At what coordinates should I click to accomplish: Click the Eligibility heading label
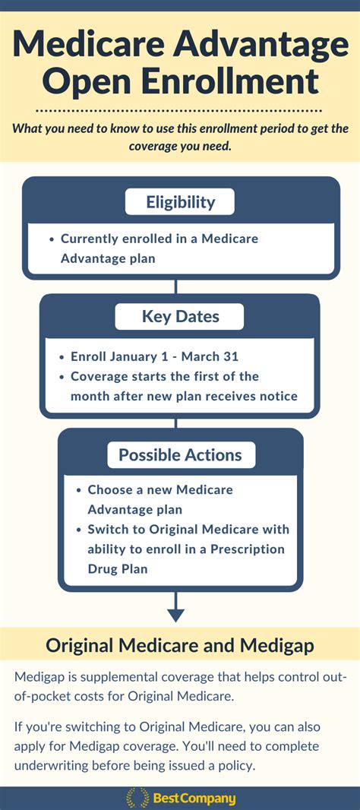[x=180, y=201]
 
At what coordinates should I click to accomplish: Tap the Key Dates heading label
[x=180, y=316]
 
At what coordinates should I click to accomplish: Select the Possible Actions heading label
[x=180, y=454]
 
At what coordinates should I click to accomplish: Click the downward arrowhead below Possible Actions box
[x=175, y=615]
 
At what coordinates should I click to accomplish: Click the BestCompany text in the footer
[x=194, y=798]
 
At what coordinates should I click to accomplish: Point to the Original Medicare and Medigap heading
[x=180, y=645]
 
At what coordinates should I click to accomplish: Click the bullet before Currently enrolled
[x=52, y=239]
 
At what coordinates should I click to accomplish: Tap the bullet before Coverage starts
[x=62, y=377]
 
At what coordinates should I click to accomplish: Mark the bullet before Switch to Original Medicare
[x=78, y=530]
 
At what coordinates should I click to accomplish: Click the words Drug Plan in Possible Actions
[x=118, y=569]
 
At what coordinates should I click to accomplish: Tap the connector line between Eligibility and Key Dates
[x=175, y=286]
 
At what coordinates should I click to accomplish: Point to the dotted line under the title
[x=180, y=110]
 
